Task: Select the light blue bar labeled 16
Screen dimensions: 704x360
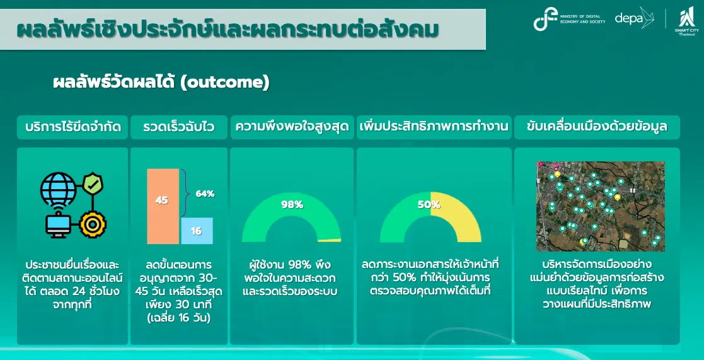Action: point(197,231)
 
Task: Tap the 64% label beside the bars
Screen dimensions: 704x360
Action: point(205,194)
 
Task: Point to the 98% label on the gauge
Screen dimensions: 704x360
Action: point(292,205)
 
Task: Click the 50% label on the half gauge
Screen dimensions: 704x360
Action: point(429,205)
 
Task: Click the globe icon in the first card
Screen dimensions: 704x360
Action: point(59,189)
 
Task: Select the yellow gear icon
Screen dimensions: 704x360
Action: point(93,225)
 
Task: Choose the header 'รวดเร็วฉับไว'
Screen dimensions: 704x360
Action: point(179,127)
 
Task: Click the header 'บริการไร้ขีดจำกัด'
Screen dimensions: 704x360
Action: point(72,127)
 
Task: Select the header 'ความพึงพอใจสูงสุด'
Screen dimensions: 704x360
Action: point(292,127)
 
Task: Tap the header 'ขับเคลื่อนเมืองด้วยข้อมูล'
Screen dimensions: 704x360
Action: point(597,127)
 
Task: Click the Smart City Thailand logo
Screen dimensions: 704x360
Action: point(686,21)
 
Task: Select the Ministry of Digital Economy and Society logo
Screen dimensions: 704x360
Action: point(569,20)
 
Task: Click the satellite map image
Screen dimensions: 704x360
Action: point(600,207)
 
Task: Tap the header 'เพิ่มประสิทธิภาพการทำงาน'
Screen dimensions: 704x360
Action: point(434,127)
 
